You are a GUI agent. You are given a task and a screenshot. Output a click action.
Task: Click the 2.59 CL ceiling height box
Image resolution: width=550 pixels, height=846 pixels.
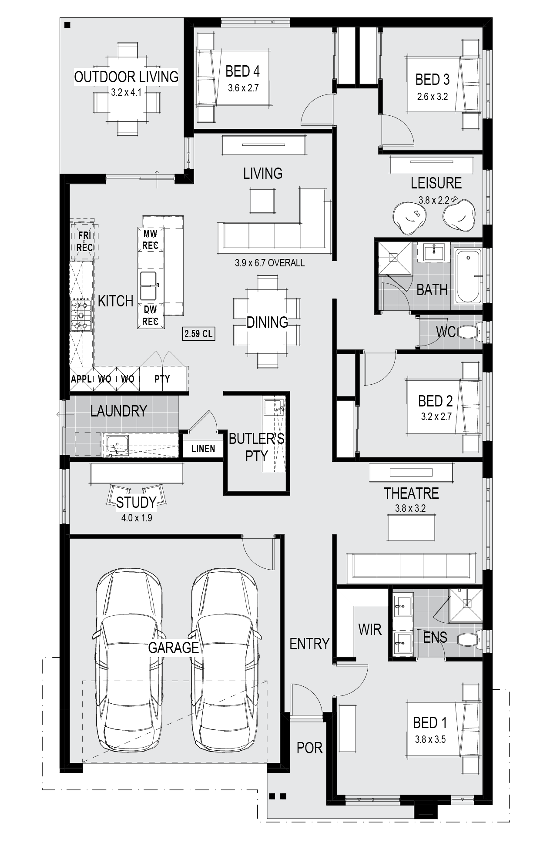(198, 334)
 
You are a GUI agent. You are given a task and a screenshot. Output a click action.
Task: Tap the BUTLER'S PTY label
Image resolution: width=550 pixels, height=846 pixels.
(256, 447)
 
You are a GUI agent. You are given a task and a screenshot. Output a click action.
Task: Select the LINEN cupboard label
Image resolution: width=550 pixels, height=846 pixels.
(203, 448)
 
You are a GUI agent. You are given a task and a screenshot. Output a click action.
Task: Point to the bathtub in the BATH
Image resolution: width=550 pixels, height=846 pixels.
(468, 276)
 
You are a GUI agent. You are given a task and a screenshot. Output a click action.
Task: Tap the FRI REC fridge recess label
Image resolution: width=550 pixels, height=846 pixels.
(84, 242)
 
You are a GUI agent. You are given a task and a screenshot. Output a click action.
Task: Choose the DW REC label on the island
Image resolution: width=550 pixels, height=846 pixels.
(150, 316)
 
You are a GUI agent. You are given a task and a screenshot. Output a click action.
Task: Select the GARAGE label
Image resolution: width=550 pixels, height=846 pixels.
(173, 648)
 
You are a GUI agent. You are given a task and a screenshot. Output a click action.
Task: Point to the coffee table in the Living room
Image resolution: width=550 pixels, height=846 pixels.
(262, 201)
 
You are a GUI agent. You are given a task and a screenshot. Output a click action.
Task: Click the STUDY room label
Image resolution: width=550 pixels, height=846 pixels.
(136, 503)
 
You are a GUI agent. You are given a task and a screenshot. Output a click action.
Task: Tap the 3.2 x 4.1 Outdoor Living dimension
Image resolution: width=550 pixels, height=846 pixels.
(126, 92)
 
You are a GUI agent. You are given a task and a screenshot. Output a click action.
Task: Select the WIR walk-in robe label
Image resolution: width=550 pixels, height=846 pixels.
(370, 629)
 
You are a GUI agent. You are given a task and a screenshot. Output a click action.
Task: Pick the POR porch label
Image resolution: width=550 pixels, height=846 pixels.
(309, 748)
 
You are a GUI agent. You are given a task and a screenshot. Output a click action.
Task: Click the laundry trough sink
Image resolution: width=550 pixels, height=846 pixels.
(116, 444)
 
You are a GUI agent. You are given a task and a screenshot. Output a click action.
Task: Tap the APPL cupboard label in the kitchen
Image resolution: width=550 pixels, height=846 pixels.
(81, 379)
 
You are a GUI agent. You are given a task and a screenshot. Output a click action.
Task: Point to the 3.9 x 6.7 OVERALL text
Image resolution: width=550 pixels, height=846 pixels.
(270, 263)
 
